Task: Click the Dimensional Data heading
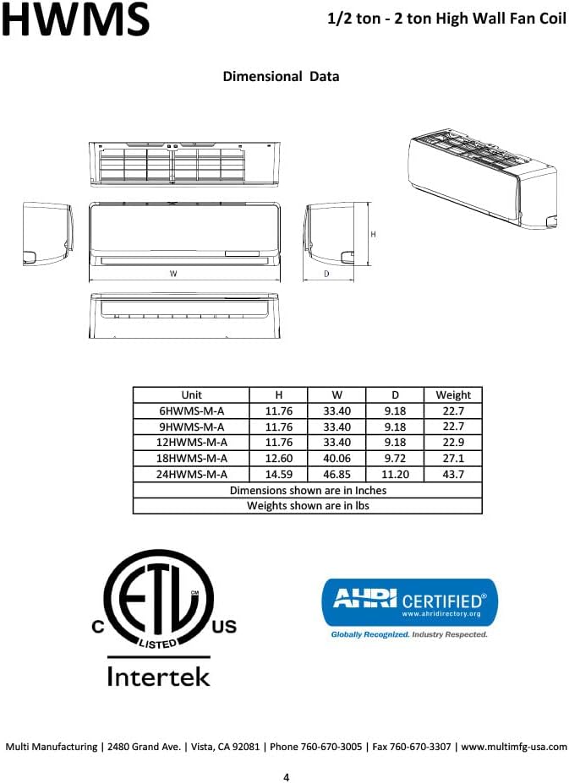pyautogui.click(x=281, y=76)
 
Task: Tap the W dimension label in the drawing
pyautogui.click(x=173, y=274)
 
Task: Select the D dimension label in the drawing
pyautogui.click(x=326, y=274)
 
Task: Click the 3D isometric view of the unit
pyautogui.click(x=482, y=178)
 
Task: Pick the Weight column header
pyautogui.click(x=453, y=394)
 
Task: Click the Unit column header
pyautogui.click(x=191, y=394)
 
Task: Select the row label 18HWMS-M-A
pyautogui.click(x=191, y=458)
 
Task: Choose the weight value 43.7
pyautogui.click(x=453, y=474)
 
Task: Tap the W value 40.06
pyautogui.click(x=336, y=458)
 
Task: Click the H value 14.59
pyautogui.click(x=278, y=474)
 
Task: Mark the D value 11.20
pyautogui.click(x=395, y=474)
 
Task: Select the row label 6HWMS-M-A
pyautogui.click(x=191, y=411)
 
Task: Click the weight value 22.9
pyautogui.click(x=453, y=442)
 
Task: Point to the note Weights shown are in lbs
pyautogui.click(x=308, y=506)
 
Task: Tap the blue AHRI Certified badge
pyautogui.click(x=409, y=601)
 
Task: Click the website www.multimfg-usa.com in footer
pyautogui.click(x=514, y=747)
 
